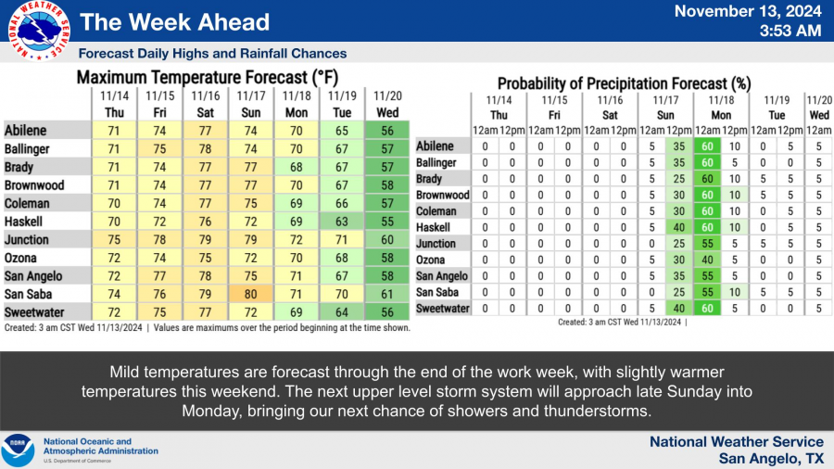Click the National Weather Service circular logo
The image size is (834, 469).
(x=39, y=31)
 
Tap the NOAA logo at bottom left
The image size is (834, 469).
(x=19, y=450)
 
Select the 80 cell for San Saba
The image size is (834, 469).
(x=250, y=294)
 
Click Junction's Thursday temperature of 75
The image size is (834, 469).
(x=114, y=240)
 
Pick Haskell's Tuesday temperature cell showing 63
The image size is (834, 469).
(x=341, y=222)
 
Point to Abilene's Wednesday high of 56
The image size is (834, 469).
(x=387, y=131)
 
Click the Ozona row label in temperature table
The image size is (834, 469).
(x=20, y=258)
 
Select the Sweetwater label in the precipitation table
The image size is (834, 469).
(x=443, y=309)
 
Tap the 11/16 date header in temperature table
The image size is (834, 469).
(x=206, y=95)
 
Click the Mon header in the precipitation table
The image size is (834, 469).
(x=721, y=115)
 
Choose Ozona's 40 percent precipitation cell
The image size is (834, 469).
(x=707, y=260)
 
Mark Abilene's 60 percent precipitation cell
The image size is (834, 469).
(x=707, y=146)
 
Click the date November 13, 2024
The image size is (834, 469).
(x=748, y=11)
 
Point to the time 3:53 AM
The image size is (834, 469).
(x=790, y=31)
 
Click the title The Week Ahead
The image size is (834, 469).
(x=174, y=22)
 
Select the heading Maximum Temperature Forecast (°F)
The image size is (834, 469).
(x=208, y=78)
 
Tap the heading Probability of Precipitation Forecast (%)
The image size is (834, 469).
(x=624, y=83)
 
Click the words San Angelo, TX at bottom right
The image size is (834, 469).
(x=771, y=459)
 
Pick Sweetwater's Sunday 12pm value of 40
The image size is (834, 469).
(x=679, y=309)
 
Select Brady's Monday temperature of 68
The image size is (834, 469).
(x=297, y=167)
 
